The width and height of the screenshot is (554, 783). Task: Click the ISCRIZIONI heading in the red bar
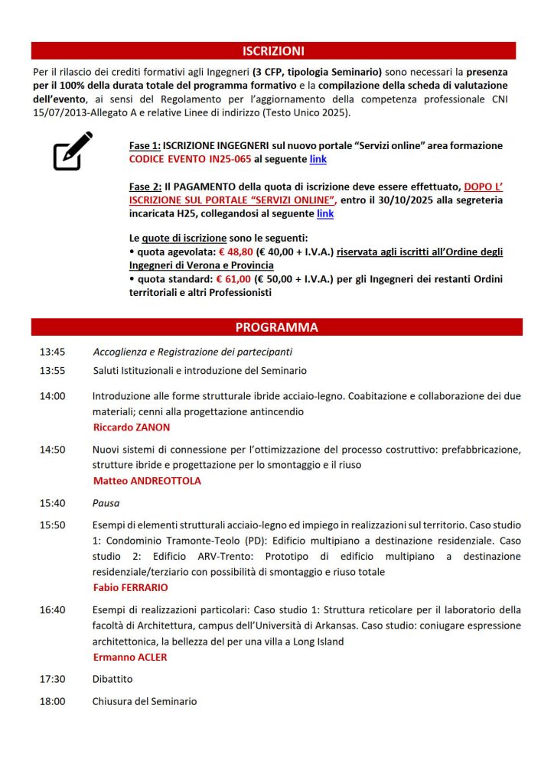tap(273, 51)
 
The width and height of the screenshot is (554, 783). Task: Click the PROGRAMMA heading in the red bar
tap(276, 327)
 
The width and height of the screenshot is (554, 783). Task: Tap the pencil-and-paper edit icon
tap(73, 151)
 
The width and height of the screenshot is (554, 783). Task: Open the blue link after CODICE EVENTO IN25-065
tap(318, 159)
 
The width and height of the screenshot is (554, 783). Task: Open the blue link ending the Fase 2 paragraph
tap(325, 214)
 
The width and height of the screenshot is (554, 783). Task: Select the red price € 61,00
tap(239, 279)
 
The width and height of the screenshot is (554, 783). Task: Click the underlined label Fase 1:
tap(145, 145)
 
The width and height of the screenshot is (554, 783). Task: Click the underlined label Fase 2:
tap(145, 187)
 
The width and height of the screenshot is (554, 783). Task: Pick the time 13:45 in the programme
tap(53, 352)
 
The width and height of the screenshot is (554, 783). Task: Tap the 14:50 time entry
tap(53, 450)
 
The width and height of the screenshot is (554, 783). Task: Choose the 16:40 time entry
tap(53, 609)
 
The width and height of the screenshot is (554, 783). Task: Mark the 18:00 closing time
tap(53, 701)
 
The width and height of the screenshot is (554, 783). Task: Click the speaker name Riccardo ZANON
tap(132, 427)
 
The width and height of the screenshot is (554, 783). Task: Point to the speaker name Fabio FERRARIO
tap(129, 588)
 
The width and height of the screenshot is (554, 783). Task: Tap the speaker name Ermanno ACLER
tap(130, 657)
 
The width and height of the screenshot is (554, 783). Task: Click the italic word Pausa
tap(106, 503)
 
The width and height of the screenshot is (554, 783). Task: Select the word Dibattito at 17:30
tap(112, 678)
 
